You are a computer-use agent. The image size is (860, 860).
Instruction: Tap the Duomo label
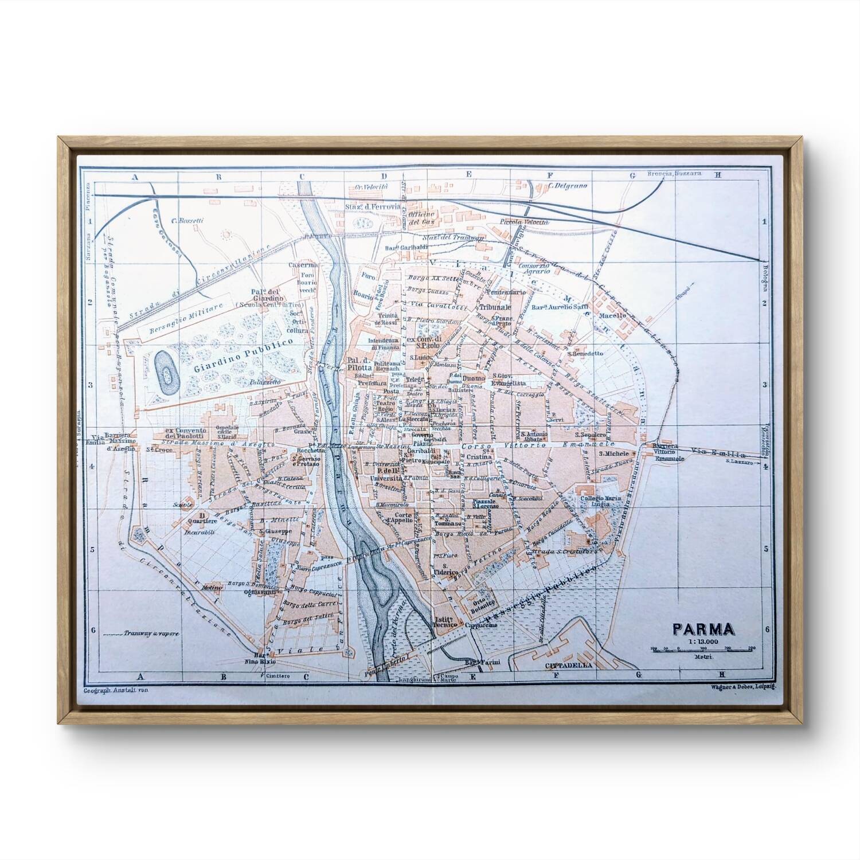[x=474, y=379]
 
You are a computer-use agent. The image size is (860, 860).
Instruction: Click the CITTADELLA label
[x=569, y=666]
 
